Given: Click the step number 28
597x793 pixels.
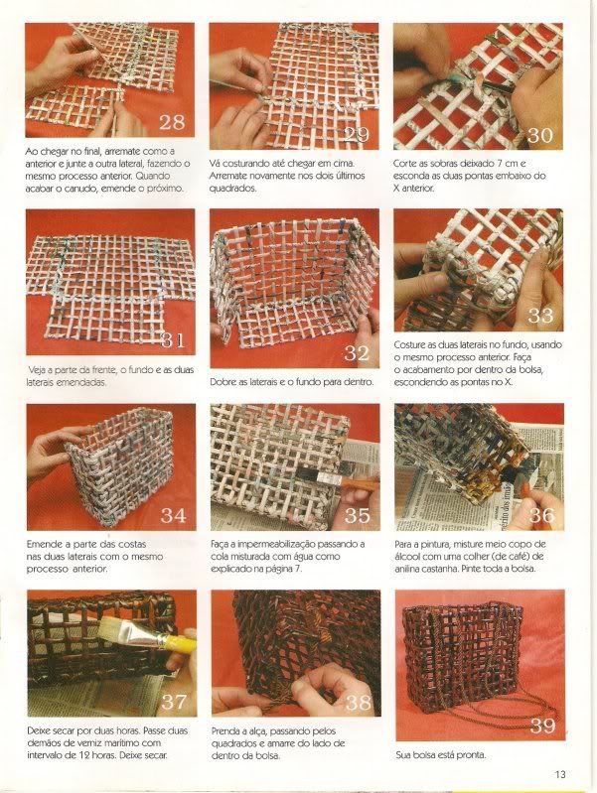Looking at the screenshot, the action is click(172, 122).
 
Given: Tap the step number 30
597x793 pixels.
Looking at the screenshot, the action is click(539, 135).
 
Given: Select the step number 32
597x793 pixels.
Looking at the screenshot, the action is click(357, 353).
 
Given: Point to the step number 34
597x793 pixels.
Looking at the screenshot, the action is click(173, 515).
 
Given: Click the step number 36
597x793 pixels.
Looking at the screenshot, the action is click(541, 515).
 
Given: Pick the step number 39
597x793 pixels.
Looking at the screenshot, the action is click(542, 726).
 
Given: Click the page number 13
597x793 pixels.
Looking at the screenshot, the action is click(560, 774).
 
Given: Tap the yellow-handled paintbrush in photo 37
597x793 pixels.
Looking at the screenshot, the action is click(147, 635).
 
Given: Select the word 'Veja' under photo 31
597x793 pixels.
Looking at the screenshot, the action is click(36, 370).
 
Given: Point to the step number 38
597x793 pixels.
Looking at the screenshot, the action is click(358, 702).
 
